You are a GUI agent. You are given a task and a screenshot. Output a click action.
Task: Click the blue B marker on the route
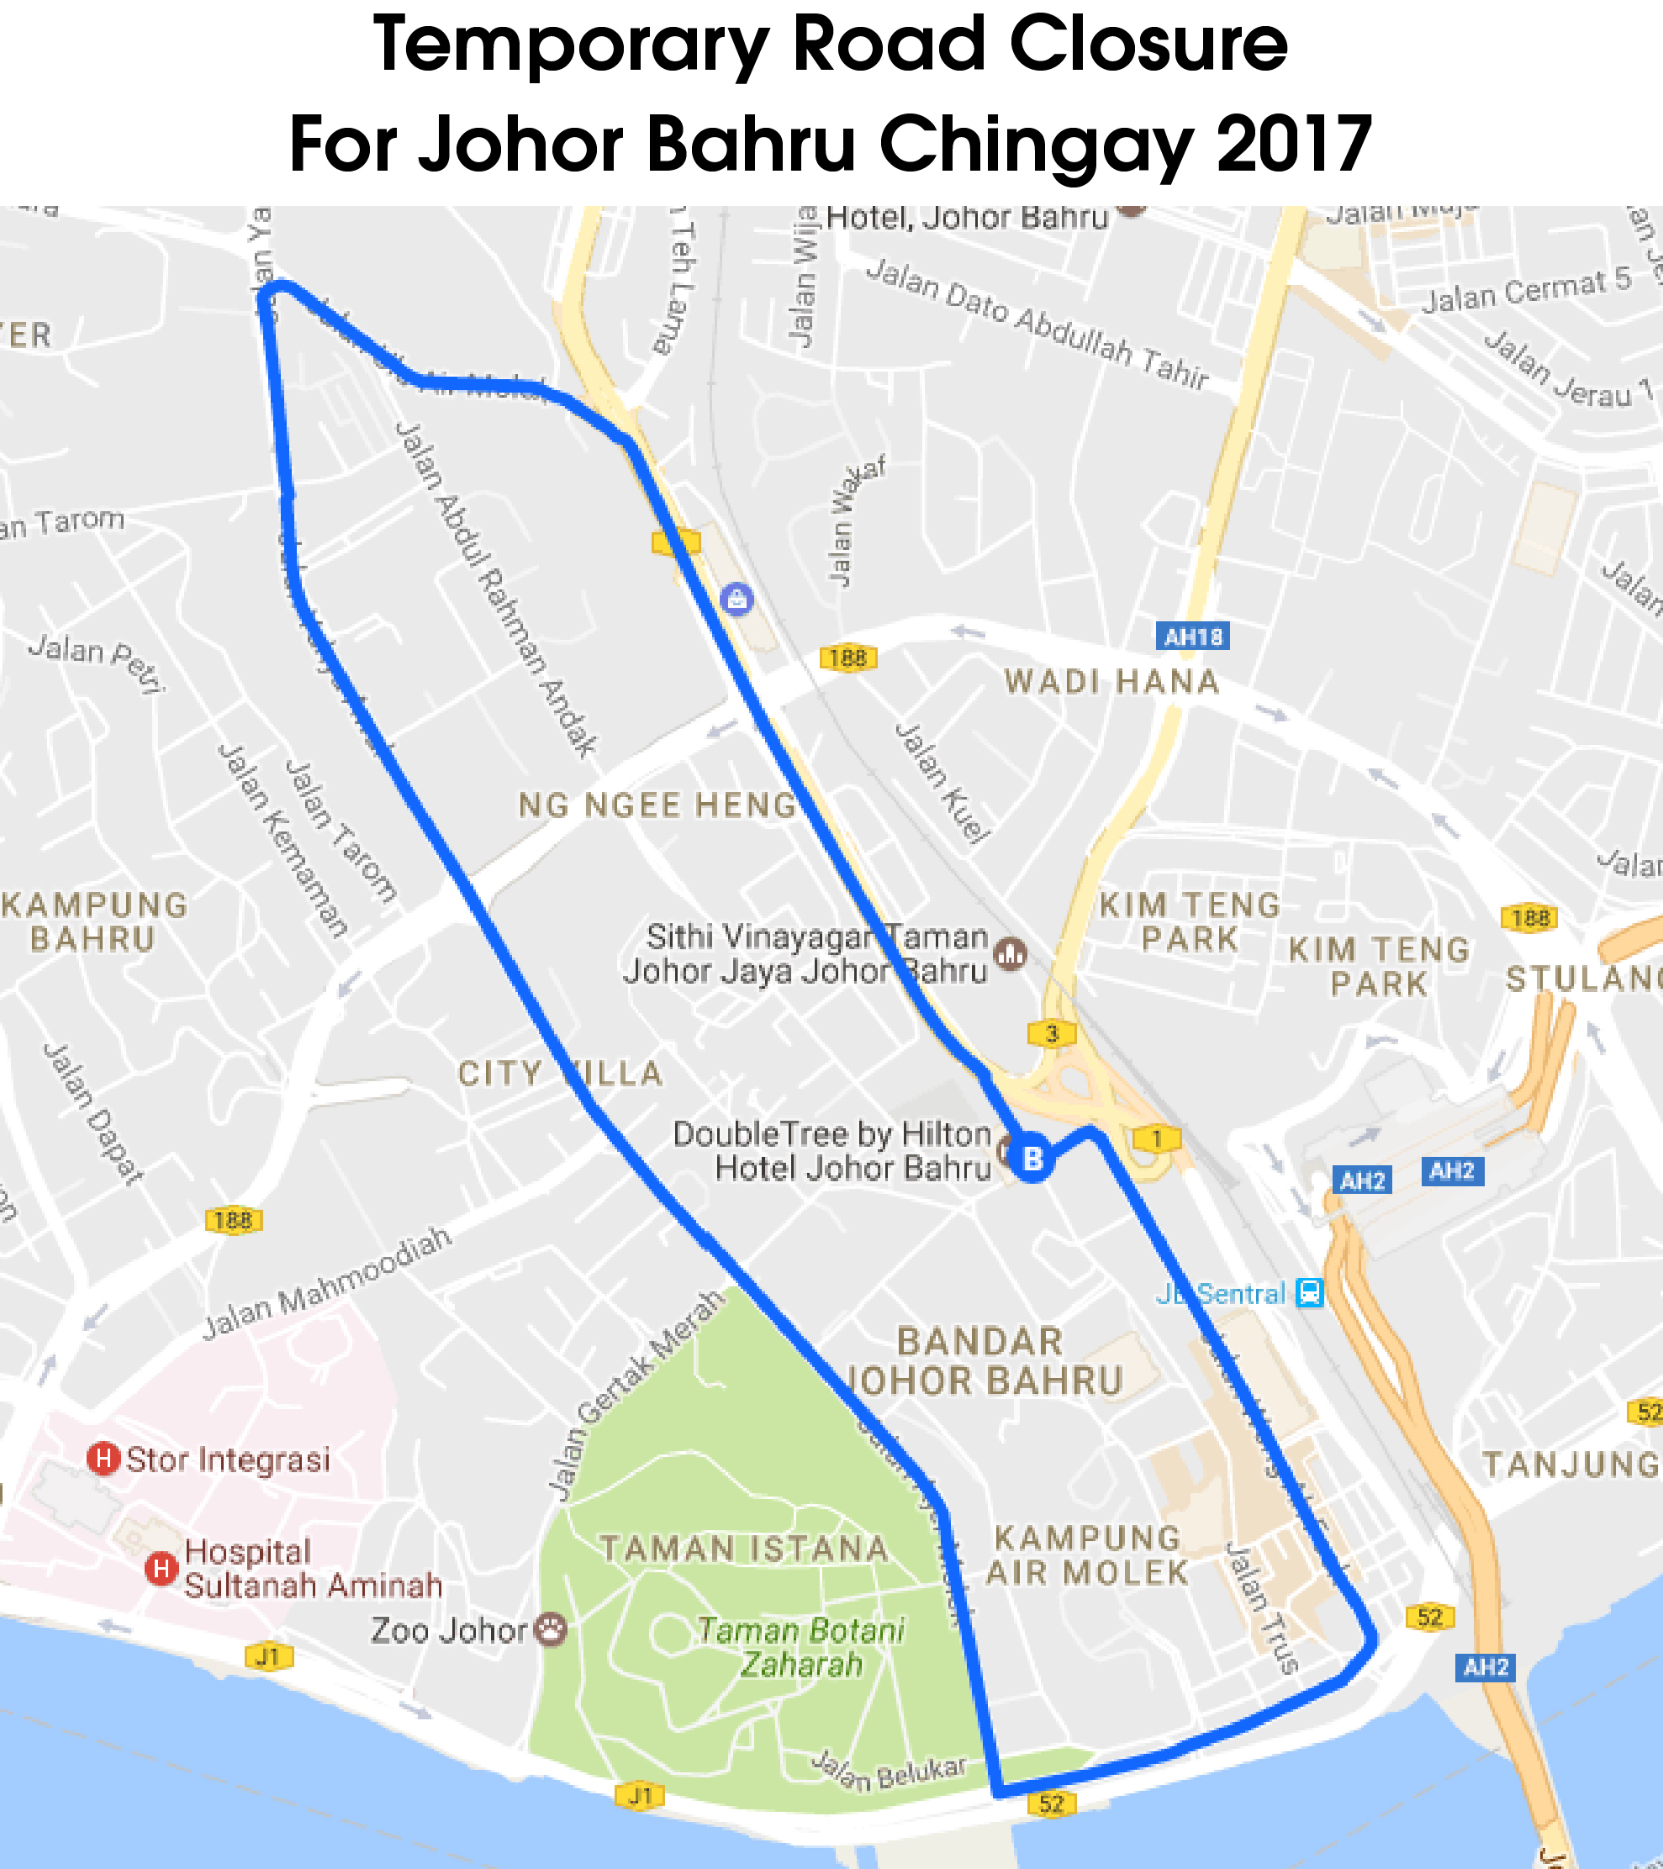click(1032, 1159)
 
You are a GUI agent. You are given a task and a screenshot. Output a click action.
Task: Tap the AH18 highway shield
click(1192, 636)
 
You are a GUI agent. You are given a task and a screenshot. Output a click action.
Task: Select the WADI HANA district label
click(1111, 682)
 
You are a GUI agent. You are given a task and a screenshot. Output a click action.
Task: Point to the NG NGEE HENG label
click(657, 805)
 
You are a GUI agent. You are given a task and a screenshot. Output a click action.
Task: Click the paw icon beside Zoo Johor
click(551, 1629)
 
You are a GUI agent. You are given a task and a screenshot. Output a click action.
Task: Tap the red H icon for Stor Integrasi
click(104, 1459)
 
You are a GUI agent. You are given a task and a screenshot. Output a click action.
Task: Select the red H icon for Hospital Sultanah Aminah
click(161, 1569)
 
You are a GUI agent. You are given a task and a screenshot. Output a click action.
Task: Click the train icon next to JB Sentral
click(1310, 1293)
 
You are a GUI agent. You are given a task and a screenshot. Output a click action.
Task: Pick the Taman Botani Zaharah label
click(801, 1647)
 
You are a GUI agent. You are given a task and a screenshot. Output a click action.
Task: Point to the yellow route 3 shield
click(1052, 1033)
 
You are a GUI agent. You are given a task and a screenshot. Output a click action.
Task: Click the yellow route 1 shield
click(1157, 1138)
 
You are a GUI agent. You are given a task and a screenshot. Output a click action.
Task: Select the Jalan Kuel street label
click(942, 782)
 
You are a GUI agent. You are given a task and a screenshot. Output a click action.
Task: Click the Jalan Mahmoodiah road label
click(326, 1283)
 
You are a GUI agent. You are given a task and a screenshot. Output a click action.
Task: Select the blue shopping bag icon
click(736, 599)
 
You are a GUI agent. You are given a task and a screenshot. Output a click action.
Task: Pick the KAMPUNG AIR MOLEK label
click(1088, 1555)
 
